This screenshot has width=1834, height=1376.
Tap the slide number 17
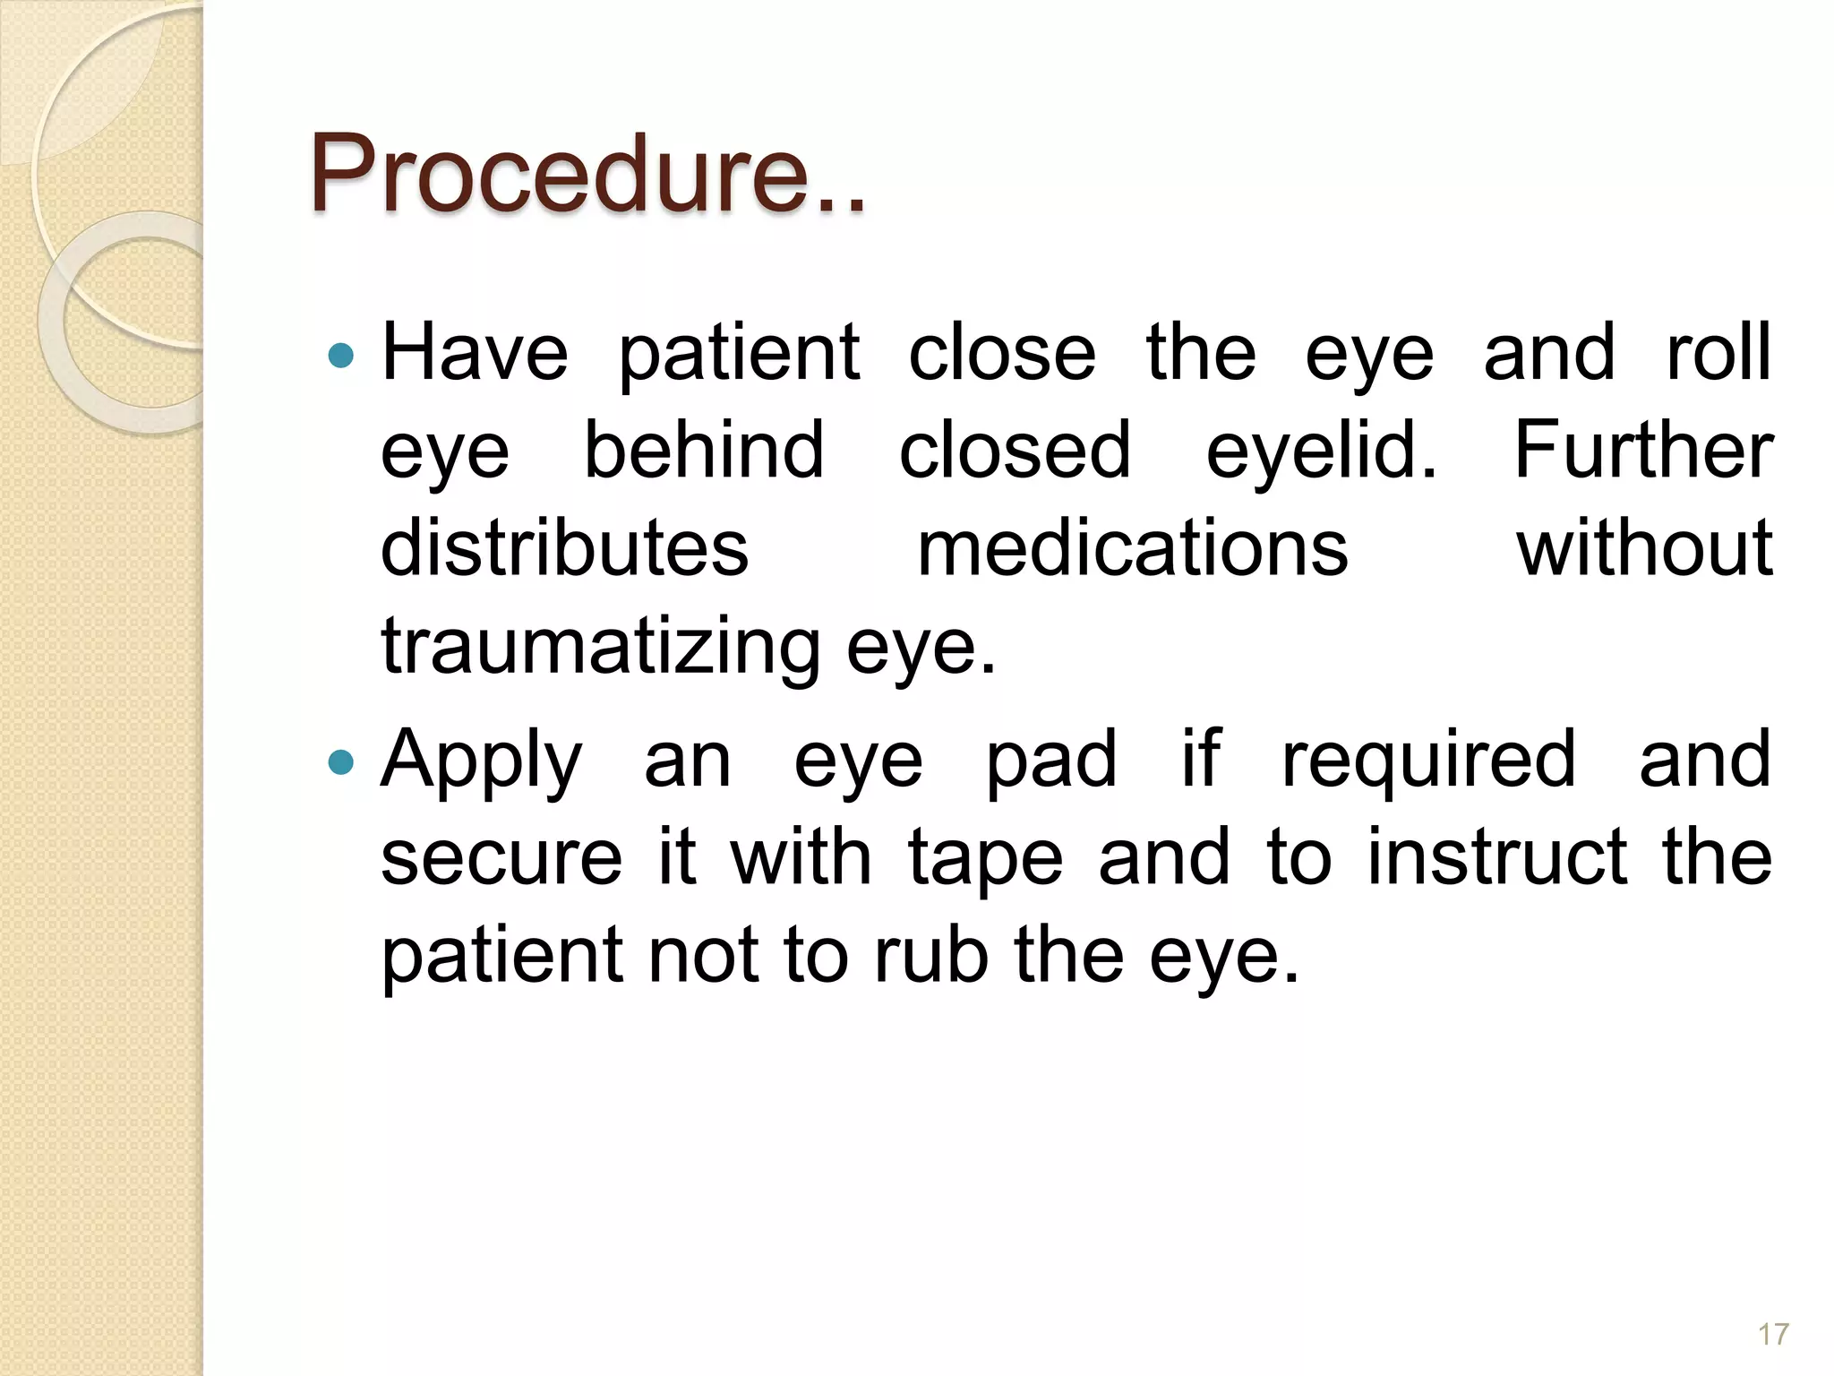[1773, 1334]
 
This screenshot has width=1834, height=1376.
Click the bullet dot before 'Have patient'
[341, 357]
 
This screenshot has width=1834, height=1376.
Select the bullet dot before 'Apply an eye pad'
[341, 762]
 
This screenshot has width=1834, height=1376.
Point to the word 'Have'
[475, 353]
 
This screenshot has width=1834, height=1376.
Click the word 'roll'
[1718, 353]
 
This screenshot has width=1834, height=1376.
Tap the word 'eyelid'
[1321, 451]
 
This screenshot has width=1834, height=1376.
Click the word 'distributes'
[564, 547]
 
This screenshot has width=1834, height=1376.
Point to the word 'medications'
[1133, 547]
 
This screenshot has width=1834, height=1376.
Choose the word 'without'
[1644, 547]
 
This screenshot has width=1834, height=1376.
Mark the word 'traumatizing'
[600, 647]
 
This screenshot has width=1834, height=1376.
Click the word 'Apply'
[482, 761]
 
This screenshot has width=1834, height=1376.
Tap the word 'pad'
[1051, 761]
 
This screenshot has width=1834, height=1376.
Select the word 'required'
[1428, 761]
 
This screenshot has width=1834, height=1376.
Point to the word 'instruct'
[1496, 857]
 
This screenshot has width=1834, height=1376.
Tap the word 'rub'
[931, 956]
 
